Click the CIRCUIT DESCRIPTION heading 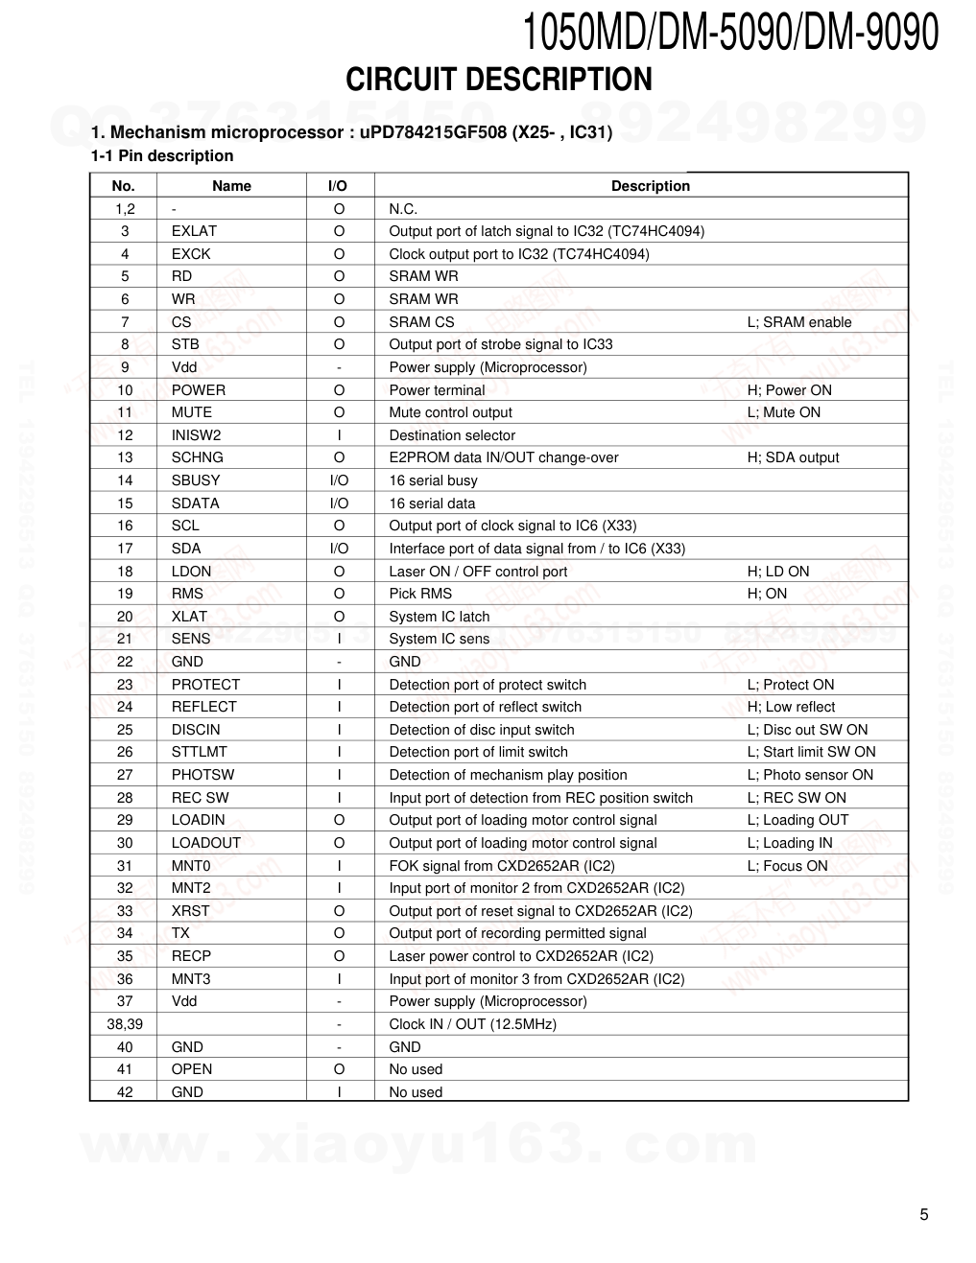[x=498, y=80]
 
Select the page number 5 [x=923, y=1215]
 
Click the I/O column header [x=338, y=186]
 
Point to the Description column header [x=650, y=186]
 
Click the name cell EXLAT [x=194, y=231]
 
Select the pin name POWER [x=199, y=390]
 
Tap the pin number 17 [x=125, y=549]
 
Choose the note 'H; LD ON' [x=777, y=572]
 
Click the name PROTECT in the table [x=205, y=685]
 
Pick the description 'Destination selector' [x=452, y=435]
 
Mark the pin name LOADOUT [x=206, y=843]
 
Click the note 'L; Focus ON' [x=787, y=866]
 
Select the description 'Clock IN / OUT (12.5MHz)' [x=472, y=1024]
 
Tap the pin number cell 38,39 [x=125, y=1024]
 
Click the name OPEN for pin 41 [x=192, y=1069]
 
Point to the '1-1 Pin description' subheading [x=162, y=156]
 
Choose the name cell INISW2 [x=196, y=435]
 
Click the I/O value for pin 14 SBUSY [x=339, y=480]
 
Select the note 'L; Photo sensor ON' [x=810, y=775]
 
